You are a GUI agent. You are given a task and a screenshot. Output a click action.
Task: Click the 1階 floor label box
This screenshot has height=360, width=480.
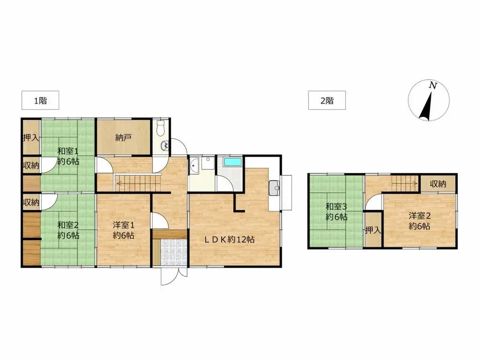coord(40,100)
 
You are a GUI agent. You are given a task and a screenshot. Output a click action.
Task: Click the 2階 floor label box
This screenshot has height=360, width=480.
coord(327,100)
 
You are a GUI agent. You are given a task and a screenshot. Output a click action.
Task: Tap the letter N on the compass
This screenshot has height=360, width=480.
coord(433,85)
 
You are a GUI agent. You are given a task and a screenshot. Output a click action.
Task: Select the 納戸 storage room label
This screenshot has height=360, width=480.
coord(123,138)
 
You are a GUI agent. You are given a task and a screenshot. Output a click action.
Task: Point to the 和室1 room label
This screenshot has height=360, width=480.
coord(68,151)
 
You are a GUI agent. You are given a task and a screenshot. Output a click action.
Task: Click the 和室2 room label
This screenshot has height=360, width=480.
coord(68,225)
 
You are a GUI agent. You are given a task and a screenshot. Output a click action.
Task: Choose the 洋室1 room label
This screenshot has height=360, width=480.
coord(123,225)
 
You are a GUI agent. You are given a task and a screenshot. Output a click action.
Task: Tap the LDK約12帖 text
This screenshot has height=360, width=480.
coord(229,240)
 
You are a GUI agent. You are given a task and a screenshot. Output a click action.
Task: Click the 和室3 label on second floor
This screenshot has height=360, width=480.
coord(336,207)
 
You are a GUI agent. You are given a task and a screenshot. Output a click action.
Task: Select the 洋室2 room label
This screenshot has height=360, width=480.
coord(420,216)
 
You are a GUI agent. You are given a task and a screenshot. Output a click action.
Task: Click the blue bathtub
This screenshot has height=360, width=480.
coord(232,162)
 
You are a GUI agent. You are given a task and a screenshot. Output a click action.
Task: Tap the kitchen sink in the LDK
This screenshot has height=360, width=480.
coord(274,187)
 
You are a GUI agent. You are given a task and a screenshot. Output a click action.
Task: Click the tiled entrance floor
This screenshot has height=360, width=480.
coord(173,252)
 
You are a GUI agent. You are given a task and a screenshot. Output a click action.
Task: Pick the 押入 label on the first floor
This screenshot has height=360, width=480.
coord(31,138)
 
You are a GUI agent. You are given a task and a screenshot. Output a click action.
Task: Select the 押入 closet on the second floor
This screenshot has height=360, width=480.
coord(373,230)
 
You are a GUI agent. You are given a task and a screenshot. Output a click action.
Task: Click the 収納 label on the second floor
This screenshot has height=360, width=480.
coord(438,184)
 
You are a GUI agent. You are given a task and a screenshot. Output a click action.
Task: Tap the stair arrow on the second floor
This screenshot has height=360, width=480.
coord(405,184)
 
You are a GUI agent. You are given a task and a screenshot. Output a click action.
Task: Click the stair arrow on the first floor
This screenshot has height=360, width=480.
coord(138,184)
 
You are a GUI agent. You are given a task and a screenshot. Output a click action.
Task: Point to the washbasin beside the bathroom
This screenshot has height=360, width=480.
coord(194,166)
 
